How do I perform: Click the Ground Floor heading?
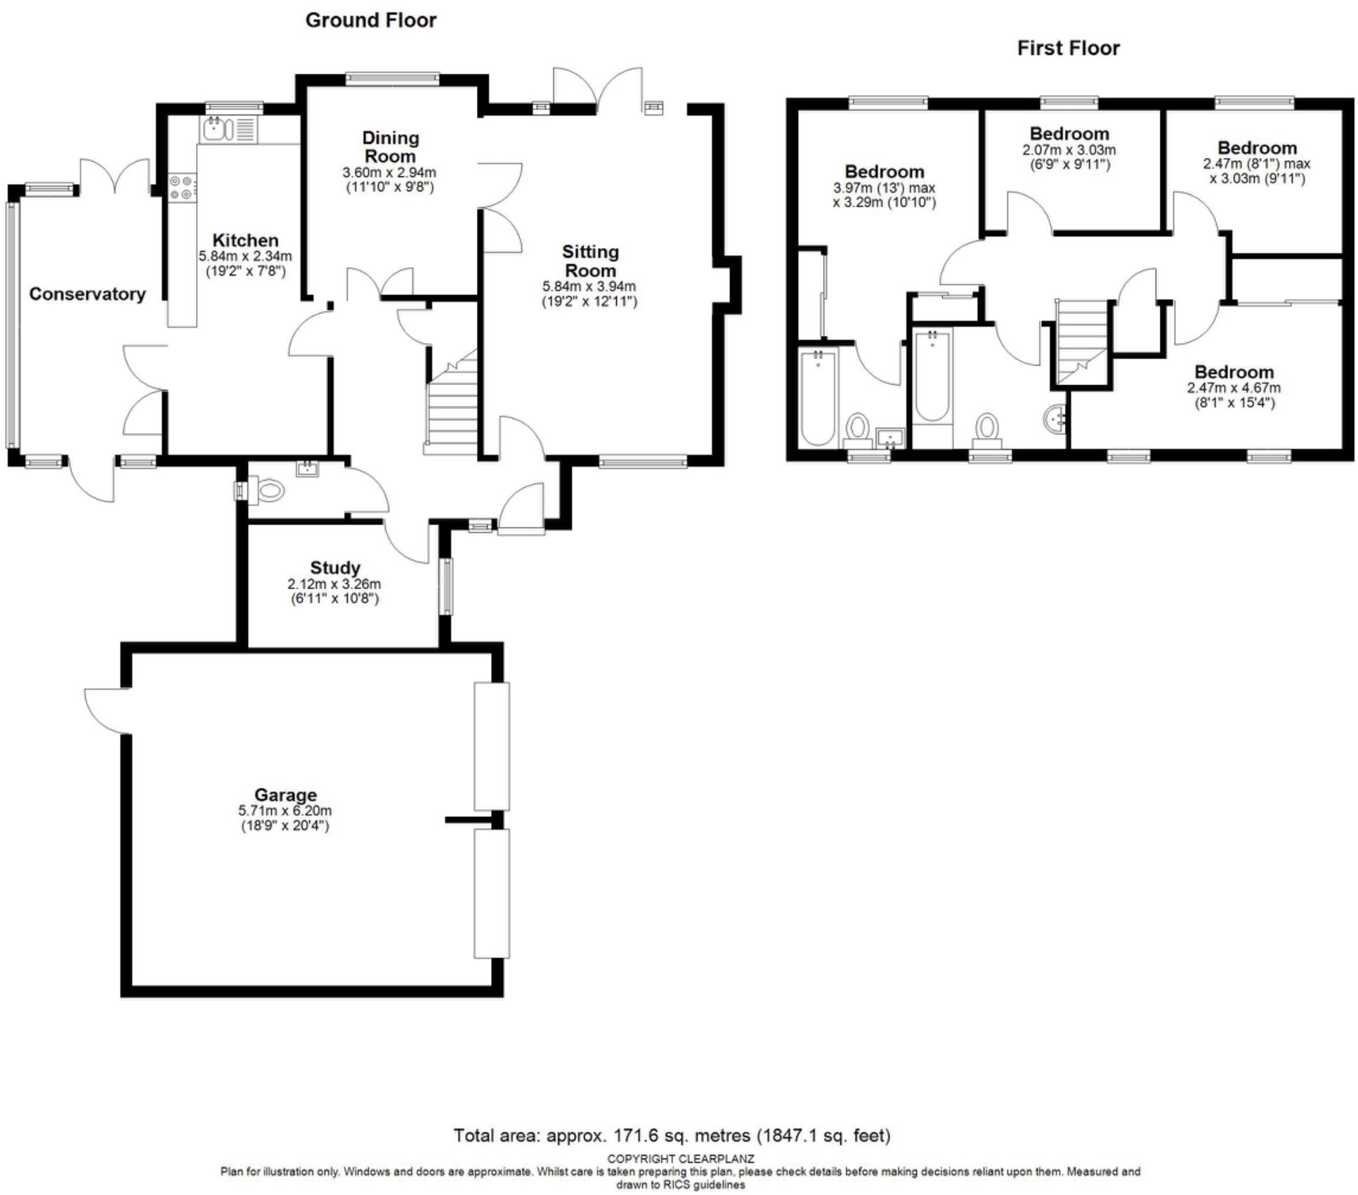pyautogui.click(x=370, y=20)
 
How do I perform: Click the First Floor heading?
pyautogui.click(x=1067, y=49)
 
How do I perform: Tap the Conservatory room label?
pyautogui.click(x=87, y=294)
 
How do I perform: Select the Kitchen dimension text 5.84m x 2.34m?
pyautogui.click(x=245, y=257)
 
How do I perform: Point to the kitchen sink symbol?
pyautogui.click(x=214, y=129)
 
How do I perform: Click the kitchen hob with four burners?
pyautogui.click(x=183, y=187)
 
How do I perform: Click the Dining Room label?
pyautogui.click(x=390, y=147)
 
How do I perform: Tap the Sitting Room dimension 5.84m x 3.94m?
pyautogui.click(x=589, y=287)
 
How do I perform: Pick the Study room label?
pyautogui.click(x=334, y=567)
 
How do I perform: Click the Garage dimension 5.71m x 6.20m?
pyautogui.click(x=285, y=810)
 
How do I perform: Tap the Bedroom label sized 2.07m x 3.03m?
pyautogui.click(x=1069, y=134)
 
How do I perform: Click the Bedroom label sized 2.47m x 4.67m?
pyautogui.click(x=1234, y=372)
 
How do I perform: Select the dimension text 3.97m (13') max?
pyautogui.click(x=884, y=188)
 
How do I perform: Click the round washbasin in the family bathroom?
pyautogui.click(x=1054, y=419)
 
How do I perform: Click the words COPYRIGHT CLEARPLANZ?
pyautogui.click(x=680, y=1158)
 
